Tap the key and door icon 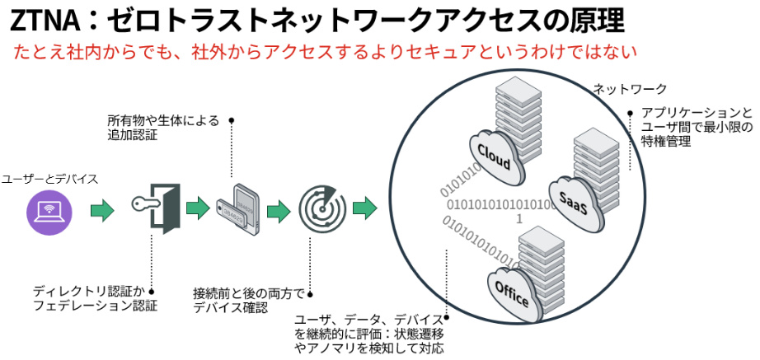(156, 208)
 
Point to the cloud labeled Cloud (494, 155)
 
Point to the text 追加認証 (133, 135)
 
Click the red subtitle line (326, 52)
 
